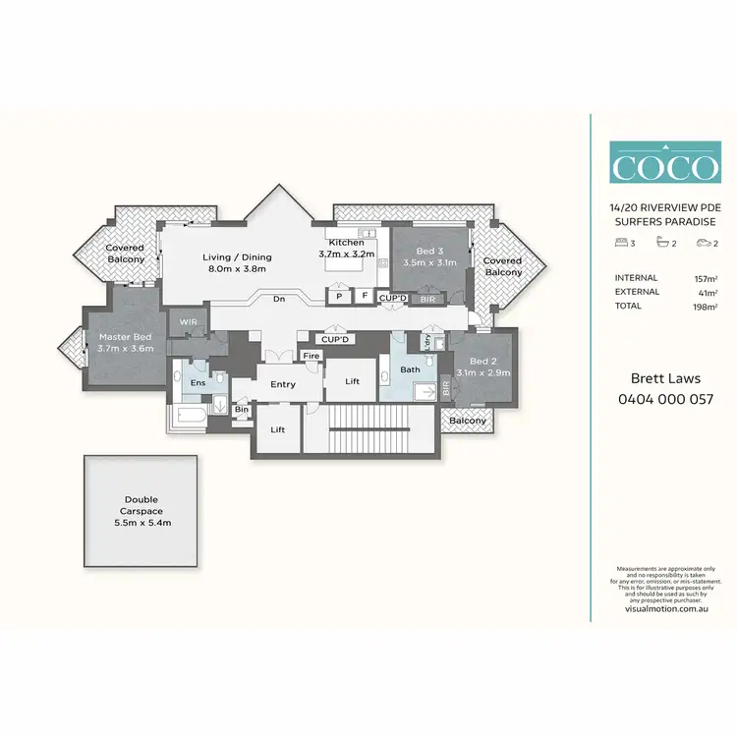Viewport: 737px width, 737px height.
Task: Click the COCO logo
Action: pos(663,164)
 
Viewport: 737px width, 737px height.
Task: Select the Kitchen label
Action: pos(346,248)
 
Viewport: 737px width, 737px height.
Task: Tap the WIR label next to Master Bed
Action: pos(186,321)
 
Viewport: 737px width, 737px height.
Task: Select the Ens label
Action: pos(198,382)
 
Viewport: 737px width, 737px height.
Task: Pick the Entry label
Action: pos(283,384)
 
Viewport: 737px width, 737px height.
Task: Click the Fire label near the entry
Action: pos(312,356)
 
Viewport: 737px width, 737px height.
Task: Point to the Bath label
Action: pos(410,370)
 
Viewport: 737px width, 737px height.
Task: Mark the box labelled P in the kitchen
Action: pos(339,295)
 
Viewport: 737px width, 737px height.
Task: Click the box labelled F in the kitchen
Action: pos(364,295)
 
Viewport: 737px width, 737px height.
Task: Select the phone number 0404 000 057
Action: pos(663,400)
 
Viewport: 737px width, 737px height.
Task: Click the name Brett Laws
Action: pos(663,378)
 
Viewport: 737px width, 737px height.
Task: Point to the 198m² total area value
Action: pos(704,307)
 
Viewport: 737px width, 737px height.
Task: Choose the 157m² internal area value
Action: pos(704,278)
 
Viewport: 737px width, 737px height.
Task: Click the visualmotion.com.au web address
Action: pos(666,609)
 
